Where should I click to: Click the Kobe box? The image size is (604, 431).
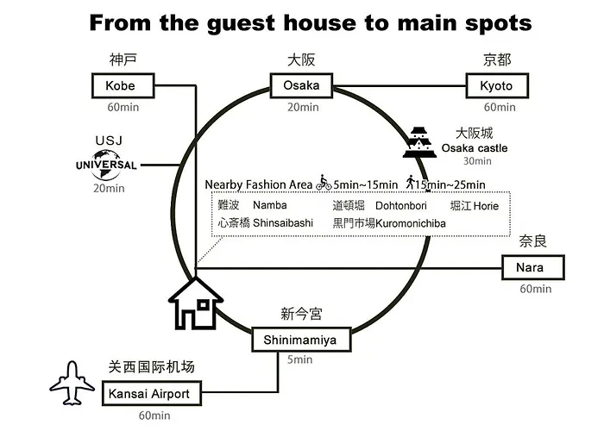click(x=123, y=85)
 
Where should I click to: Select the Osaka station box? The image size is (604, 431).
click(x=301, y=85)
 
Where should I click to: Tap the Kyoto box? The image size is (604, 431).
click(x=497, y=85)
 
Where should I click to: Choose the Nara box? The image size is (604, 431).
click(x=533, y=267)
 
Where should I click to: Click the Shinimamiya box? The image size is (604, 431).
click(x=301, y=340)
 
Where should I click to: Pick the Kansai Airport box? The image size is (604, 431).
click(x=152, y=393)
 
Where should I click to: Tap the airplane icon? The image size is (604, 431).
click(x=72, y=383)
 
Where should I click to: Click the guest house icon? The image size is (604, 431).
click(x=196, y=304)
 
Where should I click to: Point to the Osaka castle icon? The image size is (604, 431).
click(x=419, y=142)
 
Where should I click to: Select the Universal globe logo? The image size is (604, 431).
click(x=106, y=166)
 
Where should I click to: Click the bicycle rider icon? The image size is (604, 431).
click(x=324, y=183)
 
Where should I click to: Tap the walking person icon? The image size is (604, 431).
click(x=410, y=182)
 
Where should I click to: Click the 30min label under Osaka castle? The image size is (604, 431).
click(x=477, y=161)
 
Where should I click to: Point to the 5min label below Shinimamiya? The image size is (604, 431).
click(x=299, y=359)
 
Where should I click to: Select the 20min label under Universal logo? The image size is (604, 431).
click(x=109, y=188)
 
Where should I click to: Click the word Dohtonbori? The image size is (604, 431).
click(x=401, y=206)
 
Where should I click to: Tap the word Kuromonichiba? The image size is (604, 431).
click(x=411, y=223)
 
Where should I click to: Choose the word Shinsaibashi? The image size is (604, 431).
click(x=283, y=222)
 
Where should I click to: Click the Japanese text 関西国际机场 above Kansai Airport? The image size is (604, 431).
click(x=151, y=366)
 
